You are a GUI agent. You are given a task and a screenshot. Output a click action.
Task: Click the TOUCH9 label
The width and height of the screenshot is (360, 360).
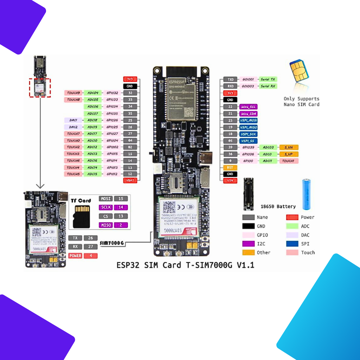(x=73, y=93)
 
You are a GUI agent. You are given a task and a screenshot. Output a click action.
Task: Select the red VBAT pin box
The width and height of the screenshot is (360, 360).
(x=130, y=180)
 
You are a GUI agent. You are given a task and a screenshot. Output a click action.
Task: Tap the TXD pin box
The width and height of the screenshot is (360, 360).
(x=230, y=79)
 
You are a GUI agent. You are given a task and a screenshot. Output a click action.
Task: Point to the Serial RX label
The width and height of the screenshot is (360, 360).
(x=268, y=86)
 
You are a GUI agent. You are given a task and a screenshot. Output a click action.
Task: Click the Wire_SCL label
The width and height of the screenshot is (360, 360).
(x=248, y=107)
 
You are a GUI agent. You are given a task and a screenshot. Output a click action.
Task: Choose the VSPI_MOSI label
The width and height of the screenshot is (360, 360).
(x=248, y=120)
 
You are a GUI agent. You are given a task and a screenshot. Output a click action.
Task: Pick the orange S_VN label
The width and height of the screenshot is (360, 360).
(x=289, y=147)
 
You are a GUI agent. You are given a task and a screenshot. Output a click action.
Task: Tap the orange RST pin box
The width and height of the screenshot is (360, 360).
(x=230, y=168)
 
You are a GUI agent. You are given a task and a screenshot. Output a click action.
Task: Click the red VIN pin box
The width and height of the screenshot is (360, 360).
(x=230, y=181)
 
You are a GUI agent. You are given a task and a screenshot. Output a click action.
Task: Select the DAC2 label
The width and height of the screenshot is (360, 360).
(x=73, y=127)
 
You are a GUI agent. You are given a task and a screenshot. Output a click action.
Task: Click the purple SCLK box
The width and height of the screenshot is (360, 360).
(x=105, y=207)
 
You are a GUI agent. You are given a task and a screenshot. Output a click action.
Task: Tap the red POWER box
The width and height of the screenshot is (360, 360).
(x=76, y=256)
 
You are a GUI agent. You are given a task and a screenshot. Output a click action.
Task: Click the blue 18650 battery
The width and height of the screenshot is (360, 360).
(x=307, y=194)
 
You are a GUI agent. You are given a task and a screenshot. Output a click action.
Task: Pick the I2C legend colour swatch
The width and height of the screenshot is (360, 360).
(x=248, y=244)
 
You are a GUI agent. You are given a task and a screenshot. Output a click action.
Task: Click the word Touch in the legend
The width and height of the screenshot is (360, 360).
(x=308, y=252)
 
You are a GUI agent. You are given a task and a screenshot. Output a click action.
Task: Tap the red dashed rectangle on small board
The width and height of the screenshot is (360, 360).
(x=39, y=88)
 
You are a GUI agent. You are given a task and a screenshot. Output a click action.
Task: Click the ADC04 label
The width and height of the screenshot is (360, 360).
(x=93, y=93)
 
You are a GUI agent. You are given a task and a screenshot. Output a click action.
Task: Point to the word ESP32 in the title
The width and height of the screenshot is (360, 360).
(x=129, y=265)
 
